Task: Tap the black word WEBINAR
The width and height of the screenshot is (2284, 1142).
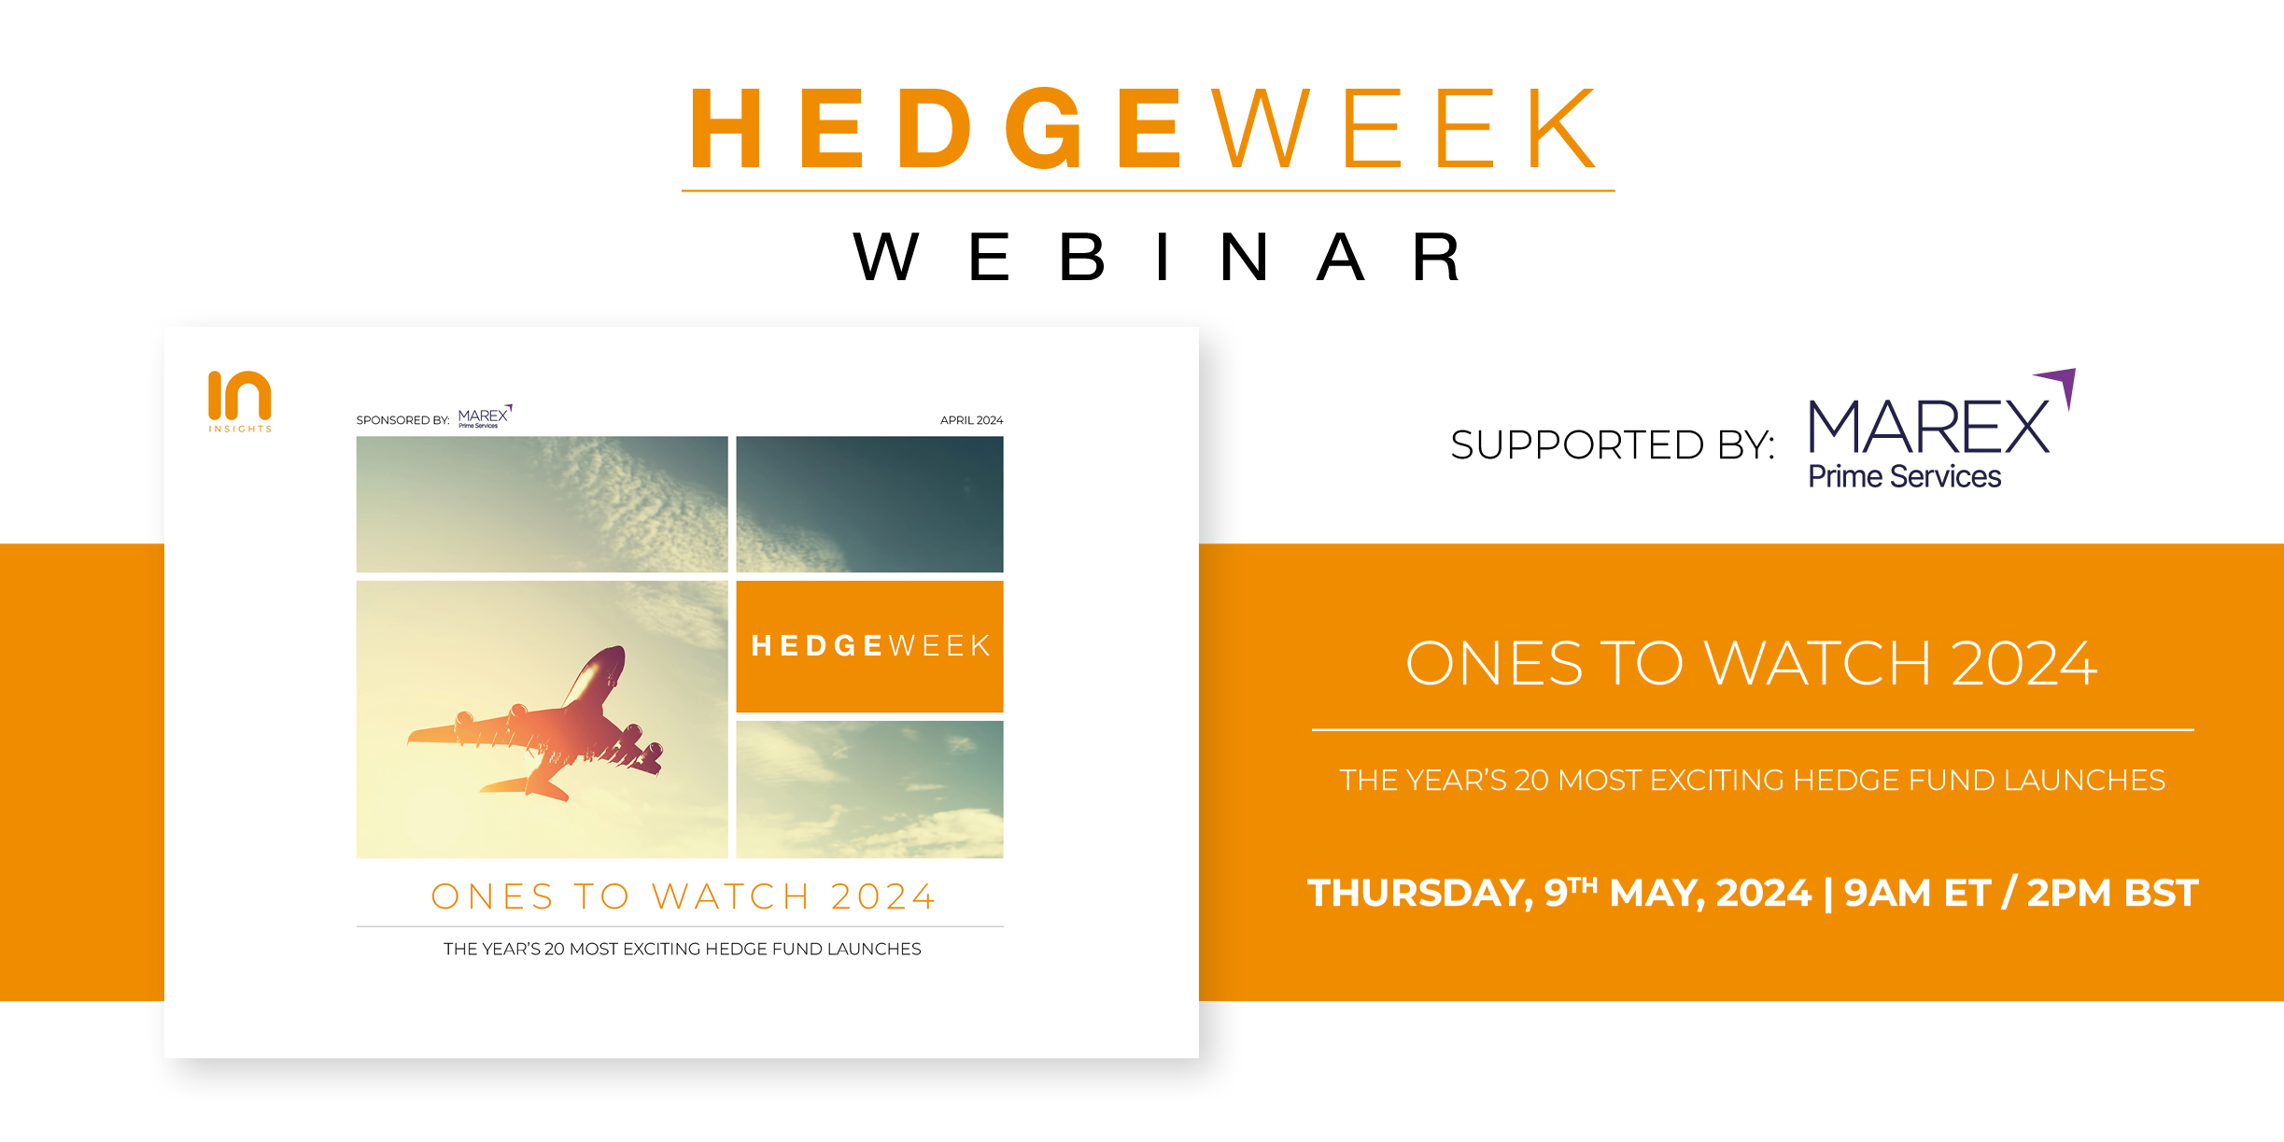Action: (x=1158, y=257)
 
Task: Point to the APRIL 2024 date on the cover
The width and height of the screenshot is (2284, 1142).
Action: (x=971, y=420)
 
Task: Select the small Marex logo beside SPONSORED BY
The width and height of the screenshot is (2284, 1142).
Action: (x=485, y=416)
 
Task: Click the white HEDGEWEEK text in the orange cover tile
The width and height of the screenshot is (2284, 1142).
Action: (x=870, y=645)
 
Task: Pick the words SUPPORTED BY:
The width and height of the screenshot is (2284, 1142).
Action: (x=1613, y=445)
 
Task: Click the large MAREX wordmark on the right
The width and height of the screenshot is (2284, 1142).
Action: (x=1929, y=428)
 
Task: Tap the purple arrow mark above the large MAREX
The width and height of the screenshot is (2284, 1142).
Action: (x=2058, y=385)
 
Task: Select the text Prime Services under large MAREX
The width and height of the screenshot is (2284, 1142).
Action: (x=1905, y=476)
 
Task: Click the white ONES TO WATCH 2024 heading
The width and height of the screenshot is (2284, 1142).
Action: (x=1752, y=664)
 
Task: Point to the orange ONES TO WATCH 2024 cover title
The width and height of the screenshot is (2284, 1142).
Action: (x=683, y=896)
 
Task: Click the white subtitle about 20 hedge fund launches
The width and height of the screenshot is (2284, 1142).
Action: (x=1753, y=780)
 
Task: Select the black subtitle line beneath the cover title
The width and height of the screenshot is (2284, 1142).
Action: (x=683, y=949)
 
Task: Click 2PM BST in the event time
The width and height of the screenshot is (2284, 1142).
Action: (x=2112, y=894)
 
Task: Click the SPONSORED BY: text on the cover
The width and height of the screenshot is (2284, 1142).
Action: (x=403, y=420)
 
